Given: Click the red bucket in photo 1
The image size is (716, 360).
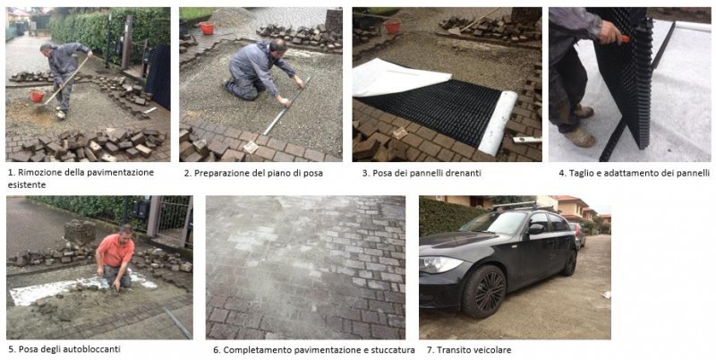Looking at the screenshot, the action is [37, 96].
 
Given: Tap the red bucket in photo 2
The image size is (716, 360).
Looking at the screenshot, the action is [208, 28].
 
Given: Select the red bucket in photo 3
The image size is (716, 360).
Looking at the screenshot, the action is [393, 27].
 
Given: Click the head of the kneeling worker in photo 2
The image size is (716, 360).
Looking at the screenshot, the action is [278, 47].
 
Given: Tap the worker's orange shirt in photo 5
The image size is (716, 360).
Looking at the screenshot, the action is [115, 252].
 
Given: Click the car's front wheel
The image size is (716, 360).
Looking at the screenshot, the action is [484, 291].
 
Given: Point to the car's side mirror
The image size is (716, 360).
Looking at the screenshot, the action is [534, 229].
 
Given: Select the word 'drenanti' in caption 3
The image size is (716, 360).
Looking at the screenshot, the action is [465, 173].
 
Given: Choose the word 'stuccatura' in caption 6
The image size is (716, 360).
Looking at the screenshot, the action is [396, 350].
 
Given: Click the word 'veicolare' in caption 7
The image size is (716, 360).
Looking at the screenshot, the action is [495, 350].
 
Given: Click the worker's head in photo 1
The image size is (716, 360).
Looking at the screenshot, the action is [46, 47].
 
